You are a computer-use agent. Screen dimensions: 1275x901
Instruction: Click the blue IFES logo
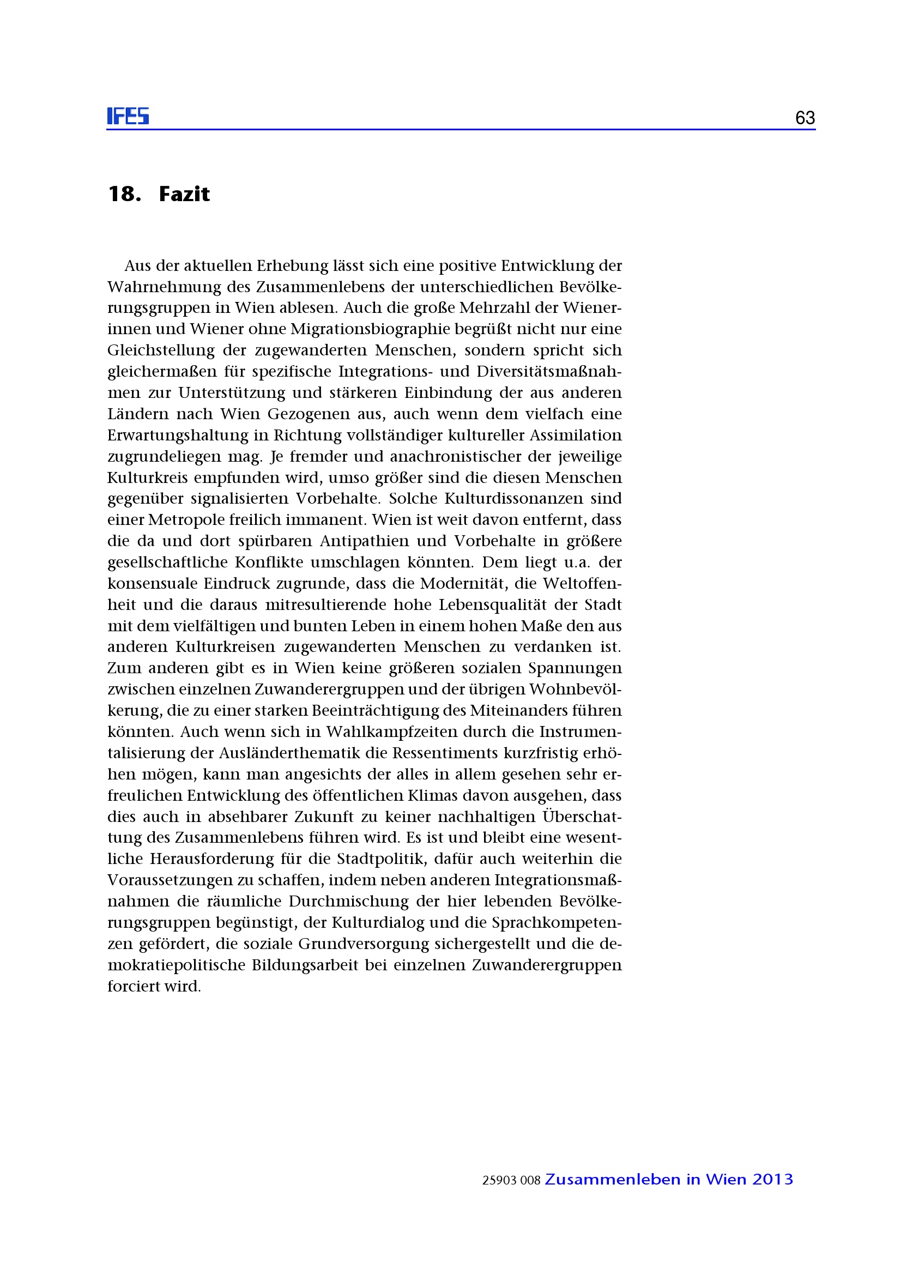(128, 116)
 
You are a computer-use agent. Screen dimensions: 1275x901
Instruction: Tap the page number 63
(805, 118)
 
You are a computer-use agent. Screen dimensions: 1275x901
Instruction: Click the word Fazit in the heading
(184, 194)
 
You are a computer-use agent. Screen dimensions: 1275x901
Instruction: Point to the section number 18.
(124, 194)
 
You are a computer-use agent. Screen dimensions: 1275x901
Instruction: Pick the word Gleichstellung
(161, 351)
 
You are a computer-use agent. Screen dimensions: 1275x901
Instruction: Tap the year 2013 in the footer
(773, 1180)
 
